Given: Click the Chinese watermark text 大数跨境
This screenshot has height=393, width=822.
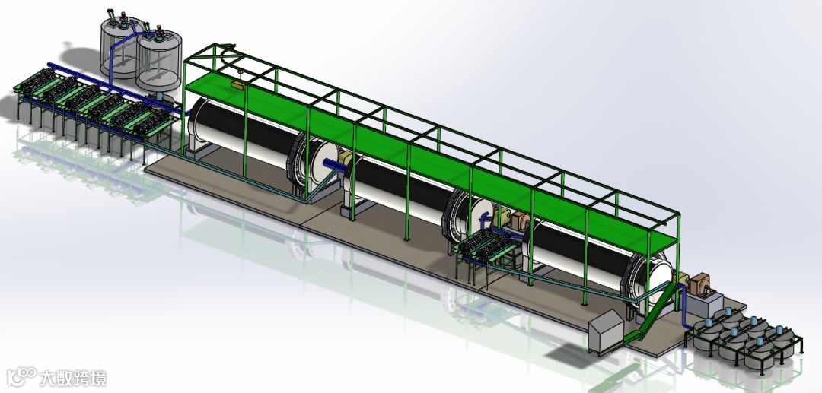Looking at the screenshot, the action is (x=73, y=378).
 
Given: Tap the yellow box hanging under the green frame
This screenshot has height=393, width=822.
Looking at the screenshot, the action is (x=237, y=85).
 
